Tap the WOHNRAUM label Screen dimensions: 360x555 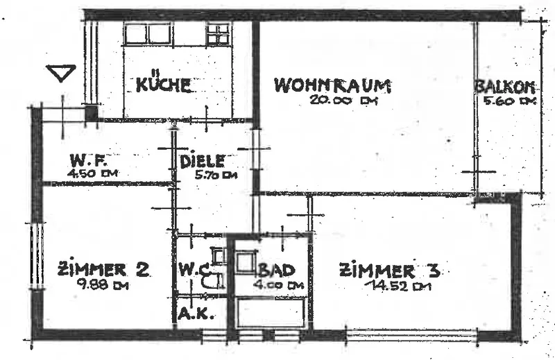pos(333,86)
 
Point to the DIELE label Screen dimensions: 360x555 pos(202,162)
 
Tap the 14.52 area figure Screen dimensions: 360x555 pos(392,285)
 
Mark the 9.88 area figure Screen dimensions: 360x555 pos(103,284)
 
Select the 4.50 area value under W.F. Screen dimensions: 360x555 pos(89,173)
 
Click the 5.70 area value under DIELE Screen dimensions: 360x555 pos(216,175)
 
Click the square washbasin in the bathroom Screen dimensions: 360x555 pos(246,264)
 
